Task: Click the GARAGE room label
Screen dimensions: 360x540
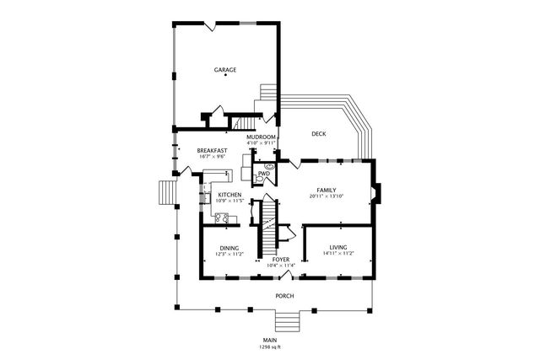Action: (x=224, y=69)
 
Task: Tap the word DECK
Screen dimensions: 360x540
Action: (x=318, y=134)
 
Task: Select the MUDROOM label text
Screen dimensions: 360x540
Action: (x=261, y=137)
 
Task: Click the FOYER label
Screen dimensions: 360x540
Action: (x=281, y=260)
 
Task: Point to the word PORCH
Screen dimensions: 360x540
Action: (x=284, y=296)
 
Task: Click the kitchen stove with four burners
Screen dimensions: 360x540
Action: (x=222, y=218)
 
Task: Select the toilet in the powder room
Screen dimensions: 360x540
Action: (x=269, y=167)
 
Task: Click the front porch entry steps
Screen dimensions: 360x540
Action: (x=287, y=322)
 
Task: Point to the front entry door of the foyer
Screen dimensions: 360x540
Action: (x=282, y=275)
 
